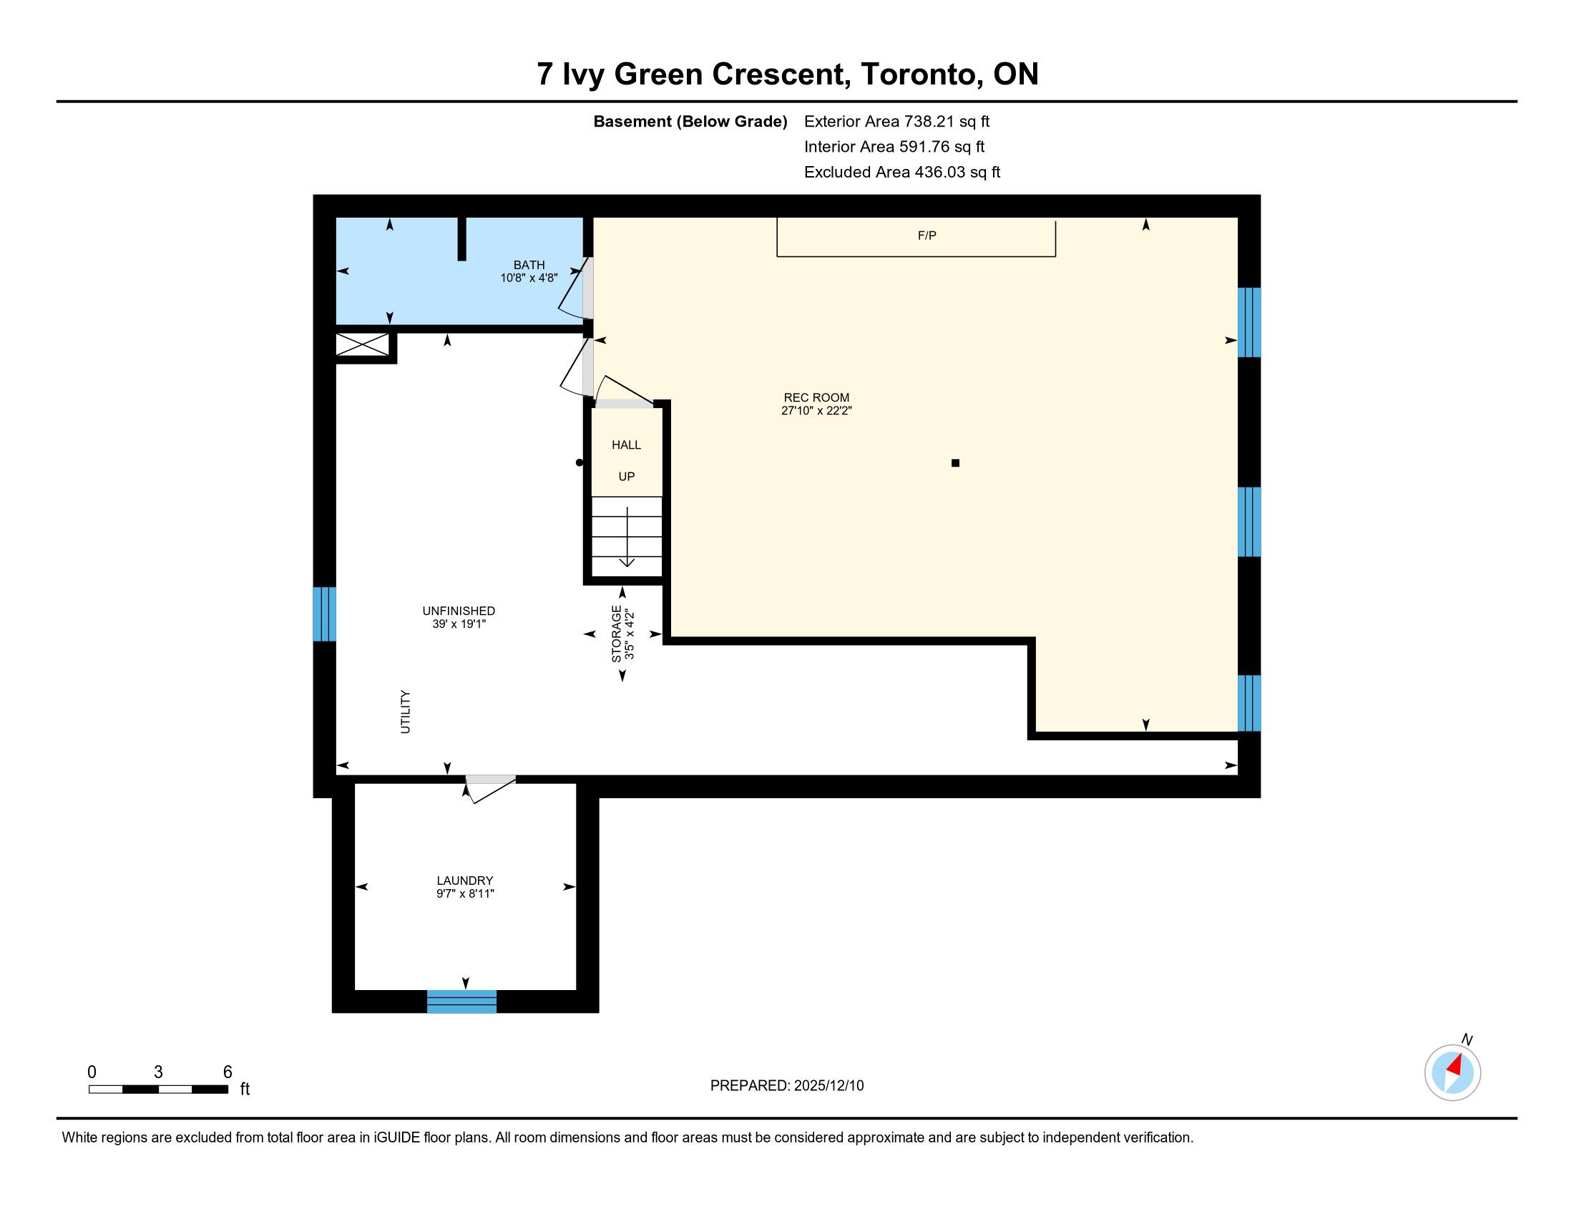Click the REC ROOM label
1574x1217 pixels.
tap(816, 397)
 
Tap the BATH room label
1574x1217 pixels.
tap(529, 265)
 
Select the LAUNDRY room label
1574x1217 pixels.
tap(465, 881)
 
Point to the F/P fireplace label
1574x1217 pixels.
tap(927, 236)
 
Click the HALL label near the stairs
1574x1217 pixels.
tap(626, 445)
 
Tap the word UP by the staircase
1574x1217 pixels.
tap(626, 477)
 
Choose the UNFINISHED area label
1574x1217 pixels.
tap(459, 611)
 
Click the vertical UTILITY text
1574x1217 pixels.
tap(405, 712)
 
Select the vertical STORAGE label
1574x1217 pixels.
tap(616, 634)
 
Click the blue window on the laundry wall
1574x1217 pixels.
tap(462, 1002)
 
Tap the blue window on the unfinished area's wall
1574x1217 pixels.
tap(324, 614)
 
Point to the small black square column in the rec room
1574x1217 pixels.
tap(956, 463)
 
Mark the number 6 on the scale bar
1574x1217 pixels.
tap(228, 1072)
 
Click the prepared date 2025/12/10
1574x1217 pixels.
tap(828, 1086)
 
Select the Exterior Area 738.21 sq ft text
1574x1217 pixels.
tap(896, 121)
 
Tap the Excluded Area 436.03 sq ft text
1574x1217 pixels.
tap(902, 172)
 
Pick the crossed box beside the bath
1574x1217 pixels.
tap(363, 344)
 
